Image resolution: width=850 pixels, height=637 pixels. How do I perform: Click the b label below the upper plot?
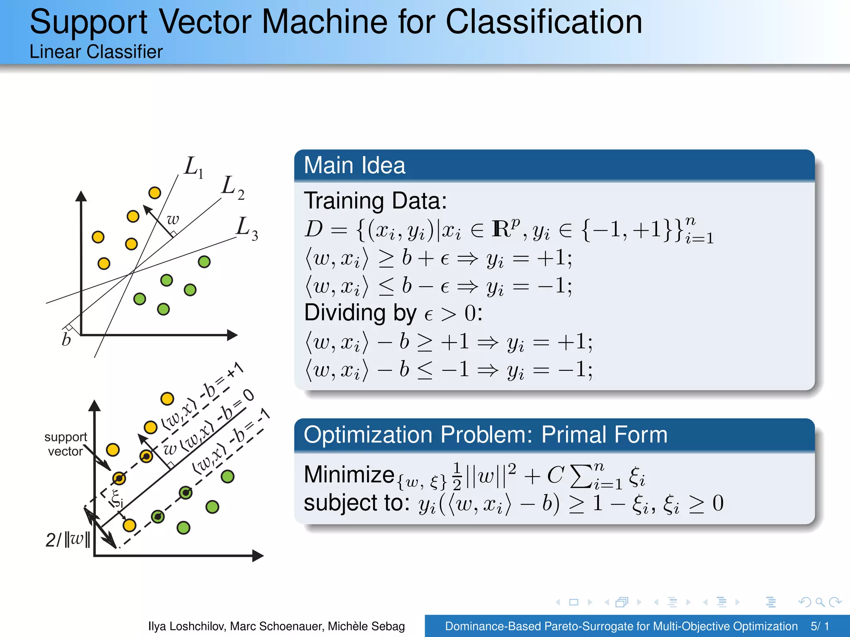[x=66, y=340]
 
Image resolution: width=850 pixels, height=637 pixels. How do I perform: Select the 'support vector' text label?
[x=66, y=444]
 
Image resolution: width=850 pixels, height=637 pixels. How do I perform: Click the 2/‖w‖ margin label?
[x=68, y=540]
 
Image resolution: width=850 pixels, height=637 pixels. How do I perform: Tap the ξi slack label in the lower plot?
[x=117, y=498]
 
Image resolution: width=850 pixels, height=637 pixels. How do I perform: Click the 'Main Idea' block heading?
[x=354, y=165]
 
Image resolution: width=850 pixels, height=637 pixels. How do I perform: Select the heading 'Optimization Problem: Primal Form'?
[x=485, y=435]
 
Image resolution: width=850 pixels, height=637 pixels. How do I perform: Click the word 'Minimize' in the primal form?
[x=349, y=474]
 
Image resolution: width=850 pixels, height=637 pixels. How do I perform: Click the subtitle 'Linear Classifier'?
[x=96, y=52]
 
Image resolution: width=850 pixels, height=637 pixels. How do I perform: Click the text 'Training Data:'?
[x=375, y=201]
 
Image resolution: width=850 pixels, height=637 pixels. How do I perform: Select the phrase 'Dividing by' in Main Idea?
[x=360, y=313]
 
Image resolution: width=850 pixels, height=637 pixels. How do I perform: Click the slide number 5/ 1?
[x=820, y=626]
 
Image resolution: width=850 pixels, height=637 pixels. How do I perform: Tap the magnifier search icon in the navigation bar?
[x=820, y=602]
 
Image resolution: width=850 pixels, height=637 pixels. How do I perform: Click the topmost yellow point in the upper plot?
[x=155, y=193]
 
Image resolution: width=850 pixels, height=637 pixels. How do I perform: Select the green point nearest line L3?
[x=204, y=262]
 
